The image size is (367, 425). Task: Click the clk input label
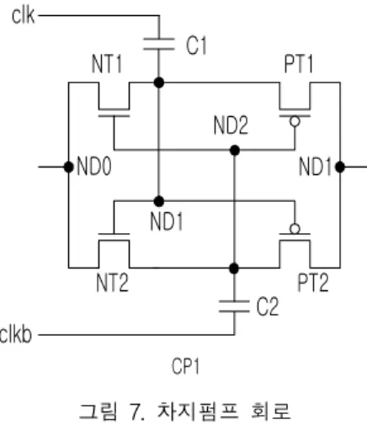click(24, 15)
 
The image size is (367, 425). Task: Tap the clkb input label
click(16, 334)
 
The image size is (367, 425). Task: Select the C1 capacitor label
click(196, 45)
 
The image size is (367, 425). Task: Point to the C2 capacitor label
click(268, 306)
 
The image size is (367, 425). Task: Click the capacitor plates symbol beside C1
click(159, 44)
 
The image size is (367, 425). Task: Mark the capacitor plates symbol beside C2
click(234, 306)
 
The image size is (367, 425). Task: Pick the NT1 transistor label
click(107, 64)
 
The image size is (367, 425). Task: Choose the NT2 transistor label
click(112, 283)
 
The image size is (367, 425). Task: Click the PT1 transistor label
click(298, 64)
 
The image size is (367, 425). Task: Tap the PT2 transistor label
click(312, 283)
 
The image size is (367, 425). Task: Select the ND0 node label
click(94, 167)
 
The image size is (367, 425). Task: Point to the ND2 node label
click(231, 125)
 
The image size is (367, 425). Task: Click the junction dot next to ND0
click(69, 167)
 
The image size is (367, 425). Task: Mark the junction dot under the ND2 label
click(235, 151)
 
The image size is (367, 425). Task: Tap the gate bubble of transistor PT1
click(295, 122)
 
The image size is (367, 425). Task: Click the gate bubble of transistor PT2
click(295, 229)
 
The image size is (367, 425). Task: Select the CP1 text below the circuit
click(185, 366)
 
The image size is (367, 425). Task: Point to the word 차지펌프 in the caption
click(198, 411)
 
